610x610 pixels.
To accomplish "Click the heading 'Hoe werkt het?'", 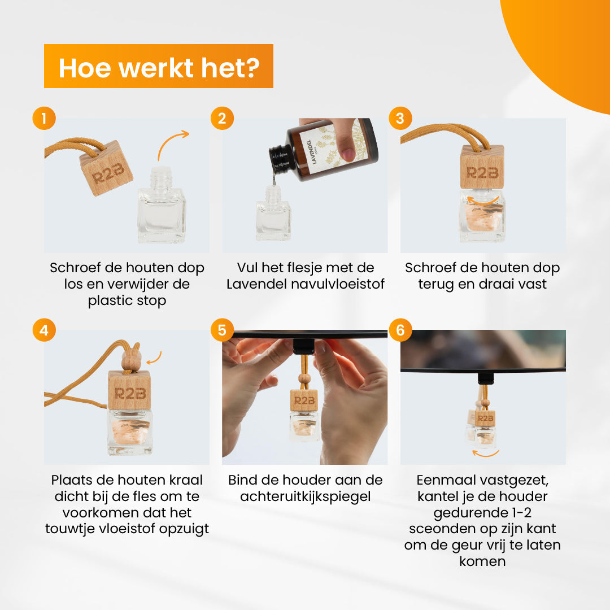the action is pyautogui.click(x=159, y=68).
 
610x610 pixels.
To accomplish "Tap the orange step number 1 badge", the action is pyautogui.click(x=44, y=118).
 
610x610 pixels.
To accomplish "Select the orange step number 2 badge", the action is pyautogui.click(x=222, y=118).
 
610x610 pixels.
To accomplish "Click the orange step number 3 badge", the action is pyautogui.click(x=400, y=118).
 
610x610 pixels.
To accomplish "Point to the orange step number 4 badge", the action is pyautogui.click(x=44, y=330).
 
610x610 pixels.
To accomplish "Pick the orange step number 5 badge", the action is pyautogui.click(x=222, y=330).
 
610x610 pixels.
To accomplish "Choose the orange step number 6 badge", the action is pyautogui.click(x=400, y=330).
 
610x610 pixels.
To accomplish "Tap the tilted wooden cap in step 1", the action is pyautogui.click(x=106, y=168).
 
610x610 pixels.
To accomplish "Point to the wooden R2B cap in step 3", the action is pyautogui.click(x=482, y=167).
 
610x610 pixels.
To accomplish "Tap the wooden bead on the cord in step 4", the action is pyautogui.click(x=130, y=360).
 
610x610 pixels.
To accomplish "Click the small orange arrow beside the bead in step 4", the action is pyautogui.click(x=154, y=358).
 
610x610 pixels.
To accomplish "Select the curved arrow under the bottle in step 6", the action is pyautogui.click(x=486, y=453).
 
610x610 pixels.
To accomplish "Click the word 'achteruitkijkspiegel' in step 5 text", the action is pyautogui.click(x=306, y=497).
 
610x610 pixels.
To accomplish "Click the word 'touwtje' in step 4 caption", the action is pyautogui.click(x=68, y=529).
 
